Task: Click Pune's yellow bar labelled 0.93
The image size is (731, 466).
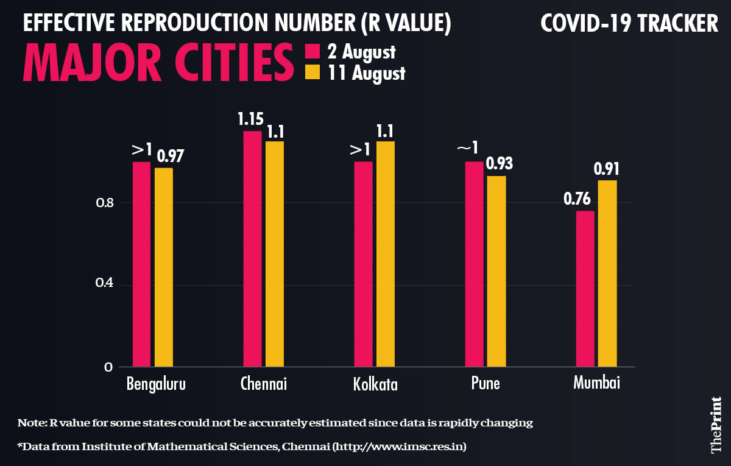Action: click(x=496, y=271)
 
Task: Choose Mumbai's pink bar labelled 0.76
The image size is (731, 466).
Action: click(x=585, y=289)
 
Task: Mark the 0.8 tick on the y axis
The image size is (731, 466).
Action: click(x=104, y=202)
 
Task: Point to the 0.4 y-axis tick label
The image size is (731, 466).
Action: click(x=104, y=284)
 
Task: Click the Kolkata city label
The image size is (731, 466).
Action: click(x=375, y=384)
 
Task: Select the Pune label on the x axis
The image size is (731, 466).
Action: click(x=486, y=384)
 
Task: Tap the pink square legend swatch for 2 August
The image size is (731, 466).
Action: click(x=312, y=51)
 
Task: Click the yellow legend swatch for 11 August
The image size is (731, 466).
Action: click(x=312, y=73)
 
